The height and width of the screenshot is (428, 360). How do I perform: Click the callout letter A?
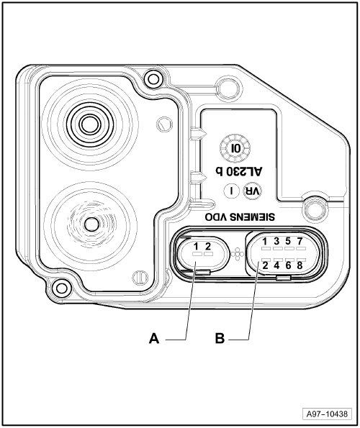pos(154,339)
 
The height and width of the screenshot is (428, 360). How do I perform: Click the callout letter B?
pos(220,339)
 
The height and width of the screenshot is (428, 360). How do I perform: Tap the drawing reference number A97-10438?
pos(327,414)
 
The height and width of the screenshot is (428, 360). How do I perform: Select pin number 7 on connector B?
pos(300,241)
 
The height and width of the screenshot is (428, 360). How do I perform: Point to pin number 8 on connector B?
pos(300,265)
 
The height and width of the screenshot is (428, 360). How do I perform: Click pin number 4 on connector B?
pos(276,265)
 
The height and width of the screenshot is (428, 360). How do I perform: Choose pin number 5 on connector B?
pos(288,241)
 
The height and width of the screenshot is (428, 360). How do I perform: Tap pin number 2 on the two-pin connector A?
pos(208,247)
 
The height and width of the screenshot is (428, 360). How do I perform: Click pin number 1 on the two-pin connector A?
pos(196,247)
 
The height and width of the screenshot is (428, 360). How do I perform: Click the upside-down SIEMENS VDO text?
pos(240,217)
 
